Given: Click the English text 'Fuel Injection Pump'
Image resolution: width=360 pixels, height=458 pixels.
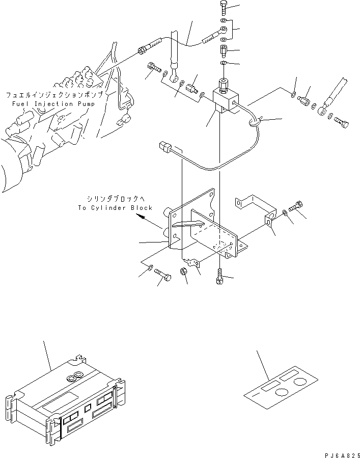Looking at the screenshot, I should tap(56, 103).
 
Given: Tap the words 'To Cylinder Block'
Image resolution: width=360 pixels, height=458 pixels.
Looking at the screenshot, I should tap(115, 208).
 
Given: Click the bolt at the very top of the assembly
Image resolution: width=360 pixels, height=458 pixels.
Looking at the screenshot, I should tap(225, 7).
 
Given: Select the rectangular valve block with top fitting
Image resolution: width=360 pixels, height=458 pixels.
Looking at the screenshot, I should tap(224, 100).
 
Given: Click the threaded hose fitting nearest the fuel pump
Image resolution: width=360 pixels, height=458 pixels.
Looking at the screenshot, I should tap(145, 50).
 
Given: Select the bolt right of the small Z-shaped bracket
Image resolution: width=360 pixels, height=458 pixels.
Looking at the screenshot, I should tap(297, 207).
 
